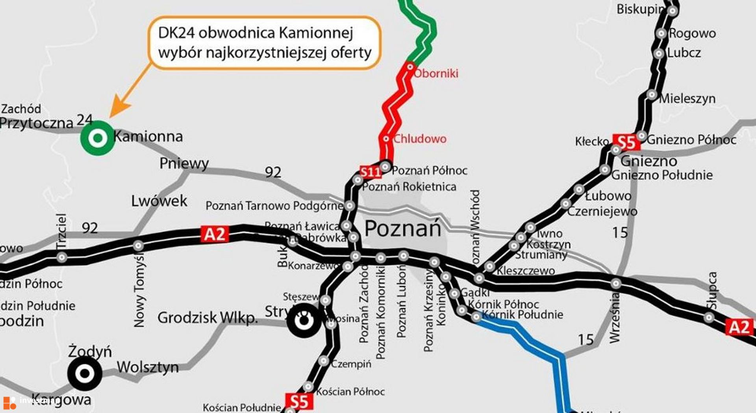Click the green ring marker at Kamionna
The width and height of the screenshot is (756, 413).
point(98,138)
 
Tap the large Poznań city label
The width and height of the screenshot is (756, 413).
point(402,229)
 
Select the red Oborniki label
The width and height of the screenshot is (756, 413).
point(436,74)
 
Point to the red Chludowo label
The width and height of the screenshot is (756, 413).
point(420,139)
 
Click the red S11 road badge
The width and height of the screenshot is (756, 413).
point(370,172)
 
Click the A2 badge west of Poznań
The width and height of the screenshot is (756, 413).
point(215,234)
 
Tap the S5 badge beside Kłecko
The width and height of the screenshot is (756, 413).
point(626,142)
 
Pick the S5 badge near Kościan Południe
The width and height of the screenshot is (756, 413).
point(299,402)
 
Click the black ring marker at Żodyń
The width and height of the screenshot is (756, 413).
point(85,373)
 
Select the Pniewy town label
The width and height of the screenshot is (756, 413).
point(184,163)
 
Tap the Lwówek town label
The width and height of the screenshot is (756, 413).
point(159,201)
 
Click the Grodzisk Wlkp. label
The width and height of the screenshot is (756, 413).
point(208,318)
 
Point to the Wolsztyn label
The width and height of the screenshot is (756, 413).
point(148,367)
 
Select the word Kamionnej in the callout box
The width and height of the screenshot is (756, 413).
point(316,33)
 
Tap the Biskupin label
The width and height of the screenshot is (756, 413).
point(640,9)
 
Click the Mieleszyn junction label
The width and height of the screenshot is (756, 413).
point(687,99)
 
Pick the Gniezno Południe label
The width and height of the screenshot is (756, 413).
point(662,175)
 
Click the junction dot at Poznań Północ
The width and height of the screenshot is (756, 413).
point(385,167)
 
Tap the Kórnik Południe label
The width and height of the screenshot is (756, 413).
point(523,315)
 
